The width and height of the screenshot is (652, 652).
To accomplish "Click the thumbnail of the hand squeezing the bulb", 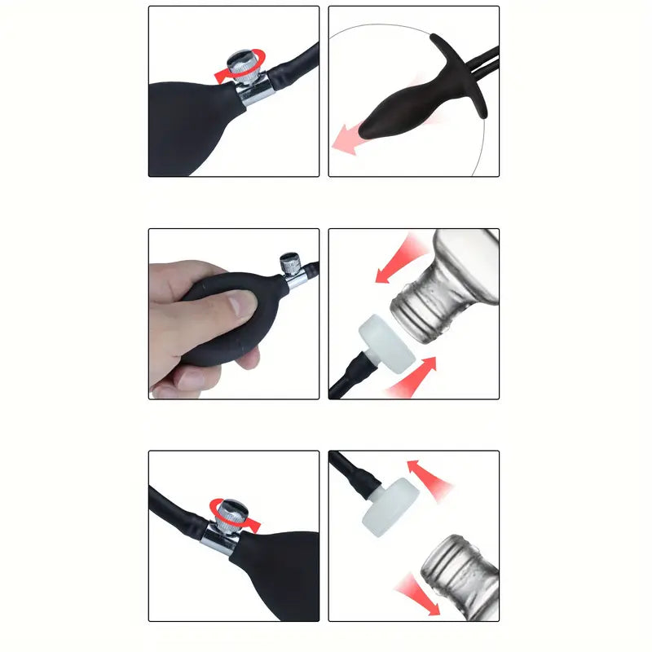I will pos(233,314).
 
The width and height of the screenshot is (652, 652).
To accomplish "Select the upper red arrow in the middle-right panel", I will pos(399,261).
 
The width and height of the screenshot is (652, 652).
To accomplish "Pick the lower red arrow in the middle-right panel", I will pos(416,376).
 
